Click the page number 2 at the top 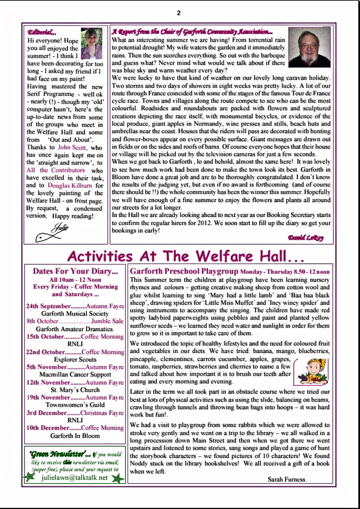[179, 12]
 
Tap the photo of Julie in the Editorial [91, 43]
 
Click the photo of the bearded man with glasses [309, 47]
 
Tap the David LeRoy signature [306, 238]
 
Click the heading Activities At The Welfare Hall [186, 256]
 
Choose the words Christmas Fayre [102, 413]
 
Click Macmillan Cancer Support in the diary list [75, 374]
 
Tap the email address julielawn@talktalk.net [74, 478]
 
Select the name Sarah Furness [287, 479]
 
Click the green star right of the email [118, 478]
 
